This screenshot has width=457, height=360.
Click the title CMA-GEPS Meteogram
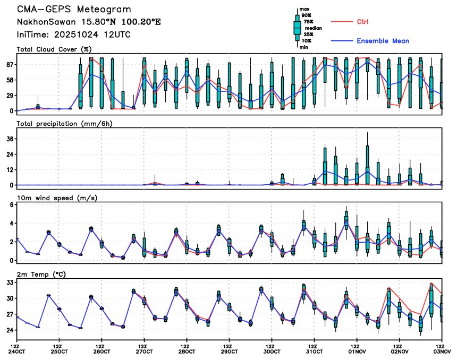pos(74,10)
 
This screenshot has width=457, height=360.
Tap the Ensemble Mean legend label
pos(383,41)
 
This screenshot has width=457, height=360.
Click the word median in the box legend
pos(311,28)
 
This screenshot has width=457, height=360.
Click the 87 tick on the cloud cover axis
pos(10,64)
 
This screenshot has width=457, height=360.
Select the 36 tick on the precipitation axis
pos(10,139)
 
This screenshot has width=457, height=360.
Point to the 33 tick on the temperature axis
pos(10,282)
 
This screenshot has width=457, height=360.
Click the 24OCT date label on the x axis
pos(17,351)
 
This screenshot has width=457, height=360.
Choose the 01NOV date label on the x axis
pos(357,351)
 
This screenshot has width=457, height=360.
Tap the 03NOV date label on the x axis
pos(442,351)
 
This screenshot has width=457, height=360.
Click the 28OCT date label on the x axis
pos(187,351)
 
